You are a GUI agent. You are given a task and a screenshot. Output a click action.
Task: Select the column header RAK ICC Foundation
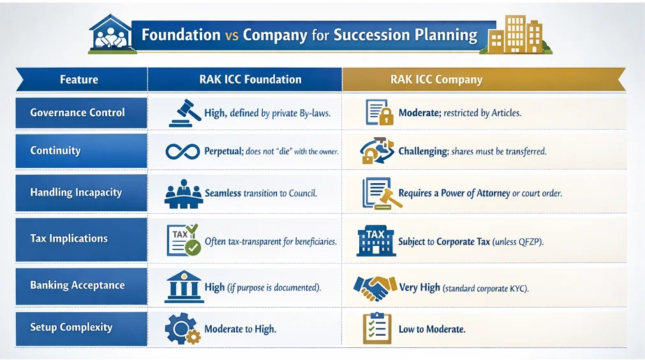click(250, 79)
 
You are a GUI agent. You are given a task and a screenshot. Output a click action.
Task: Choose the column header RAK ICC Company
click(436, 79)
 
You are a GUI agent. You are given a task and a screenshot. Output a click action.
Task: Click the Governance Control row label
click(77, 113)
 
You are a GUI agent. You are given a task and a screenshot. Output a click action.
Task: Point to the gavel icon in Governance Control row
click(185, 113)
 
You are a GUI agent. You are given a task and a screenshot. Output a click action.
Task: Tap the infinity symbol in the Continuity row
click(182, 151)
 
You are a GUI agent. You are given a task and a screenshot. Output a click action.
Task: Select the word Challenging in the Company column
click(423, 151)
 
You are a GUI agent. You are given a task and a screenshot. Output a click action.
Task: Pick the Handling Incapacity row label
click(76, 193)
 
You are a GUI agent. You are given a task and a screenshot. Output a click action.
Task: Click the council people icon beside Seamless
click(184, 193)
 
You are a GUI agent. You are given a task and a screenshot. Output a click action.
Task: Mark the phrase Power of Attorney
click(475, 193)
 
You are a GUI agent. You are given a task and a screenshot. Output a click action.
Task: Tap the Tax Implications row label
click(69, 239)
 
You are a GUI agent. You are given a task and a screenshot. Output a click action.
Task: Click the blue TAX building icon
click(376, 241)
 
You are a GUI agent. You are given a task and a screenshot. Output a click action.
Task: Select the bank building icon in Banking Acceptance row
click(184, 287)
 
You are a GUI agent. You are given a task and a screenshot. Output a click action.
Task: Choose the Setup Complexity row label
click(71, 327)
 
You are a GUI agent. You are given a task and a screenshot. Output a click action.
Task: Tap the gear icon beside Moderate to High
click(182, 328)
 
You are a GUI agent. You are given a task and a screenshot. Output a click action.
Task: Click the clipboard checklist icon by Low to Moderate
click(377, 328)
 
